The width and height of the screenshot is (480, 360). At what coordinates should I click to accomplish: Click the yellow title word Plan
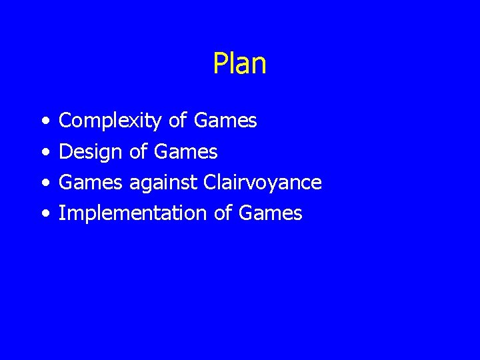(x=240, y=64)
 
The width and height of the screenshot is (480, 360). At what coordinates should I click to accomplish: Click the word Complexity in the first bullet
(x=110, y=121)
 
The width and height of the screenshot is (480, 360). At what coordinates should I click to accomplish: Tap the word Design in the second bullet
(x=91, y=152)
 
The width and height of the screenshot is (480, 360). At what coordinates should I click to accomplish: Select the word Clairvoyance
(x=263, y=183)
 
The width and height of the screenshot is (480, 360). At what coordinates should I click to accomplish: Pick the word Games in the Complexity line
(x=225, y=121)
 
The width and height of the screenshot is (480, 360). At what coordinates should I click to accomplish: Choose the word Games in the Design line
(x=185, y=151)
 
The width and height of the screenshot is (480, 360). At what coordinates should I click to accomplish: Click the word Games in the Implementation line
(x=270, y=213)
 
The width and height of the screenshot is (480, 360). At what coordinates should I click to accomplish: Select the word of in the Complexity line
(x=177, y=121)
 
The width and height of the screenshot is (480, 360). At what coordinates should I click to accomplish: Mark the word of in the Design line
(x=137, y=151)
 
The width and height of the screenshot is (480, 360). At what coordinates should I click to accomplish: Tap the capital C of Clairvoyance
(x=209, y=182)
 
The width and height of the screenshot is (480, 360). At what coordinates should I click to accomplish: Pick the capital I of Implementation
(x=62, y=213)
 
